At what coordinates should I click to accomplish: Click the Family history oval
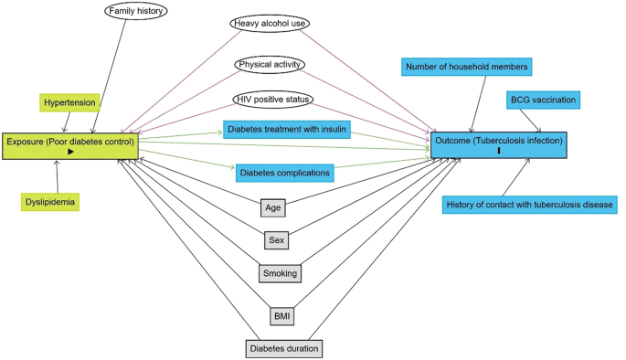click(x=134, y=12)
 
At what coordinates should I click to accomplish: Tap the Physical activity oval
click(x=270, y=65)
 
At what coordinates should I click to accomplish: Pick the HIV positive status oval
click(x=273, y=99)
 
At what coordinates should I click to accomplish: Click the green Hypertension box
click(x=69, y=103)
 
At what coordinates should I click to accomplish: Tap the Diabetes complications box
click(x=283, y=172)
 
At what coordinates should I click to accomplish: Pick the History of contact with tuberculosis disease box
click(x=529, y=204)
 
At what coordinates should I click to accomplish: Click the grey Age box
click(x=272, y=207)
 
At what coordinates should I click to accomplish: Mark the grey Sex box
click(x=276, y=240)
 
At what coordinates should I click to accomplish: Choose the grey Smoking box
click(x=279, y=273)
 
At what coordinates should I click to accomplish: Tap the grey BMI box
click(x=282, y=315)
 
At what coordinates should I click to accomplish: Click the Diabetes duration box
click(x=284, y=348)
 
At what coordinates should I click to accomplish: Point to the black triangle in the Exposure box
click(x=70, y=153)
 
